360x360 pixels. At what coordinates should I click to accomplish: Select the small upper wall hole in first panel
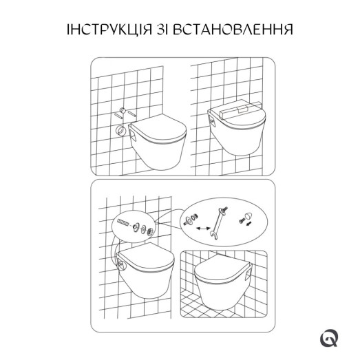(x=122, y=111)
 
